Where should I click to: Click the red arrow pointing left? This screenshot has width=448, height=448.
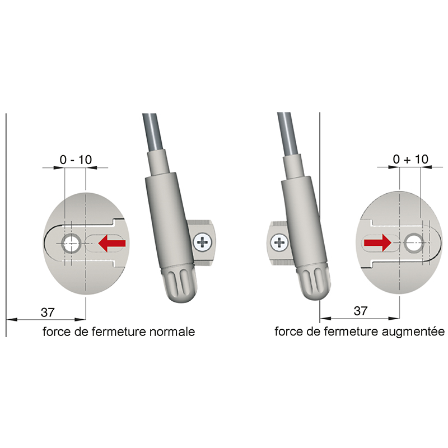pyautogui.click(x=111, y=243)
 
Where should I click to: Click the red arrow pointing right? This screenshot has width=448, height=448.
pyautogui.click(x=377, y=243)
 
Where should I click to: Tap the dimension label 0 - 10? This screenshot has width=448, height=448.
pyautogui.click(x=76, y=160)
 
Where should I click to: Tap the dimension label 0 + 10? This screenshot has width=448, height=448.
pyautogui.click(x=410, y=159)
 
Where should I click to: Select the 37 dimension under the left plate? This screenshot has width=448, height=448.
pyautogui.click(x=48, y=312)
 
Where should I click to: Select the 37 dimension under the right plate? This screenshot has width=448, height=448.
pyautogui.click(x=360, y=311)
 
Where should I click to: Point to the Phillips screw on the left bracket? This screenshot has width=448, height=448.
pyautogui.click(x=203, y=243)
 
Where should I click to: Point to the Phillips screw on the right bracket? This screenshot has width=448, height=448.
pyautogui.click(x=279, y=243)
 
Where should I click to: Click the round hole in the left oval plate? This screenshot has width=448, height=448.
pyautogui.click(x=72, y=244)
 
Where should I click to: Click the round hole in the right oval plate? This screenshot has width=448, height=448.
pyautogui.click(x=413, y=243)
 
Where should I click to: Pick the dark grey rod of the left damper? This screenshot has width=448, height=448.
pyautogui.click(x=154, y=132)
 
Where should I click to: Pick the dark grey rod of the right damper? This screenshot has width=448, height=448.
pyautogui.click(x=288, y=134)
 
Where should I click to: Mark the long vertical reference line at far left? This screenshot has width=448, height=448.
pyautogui.click(x=6, y=225)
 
